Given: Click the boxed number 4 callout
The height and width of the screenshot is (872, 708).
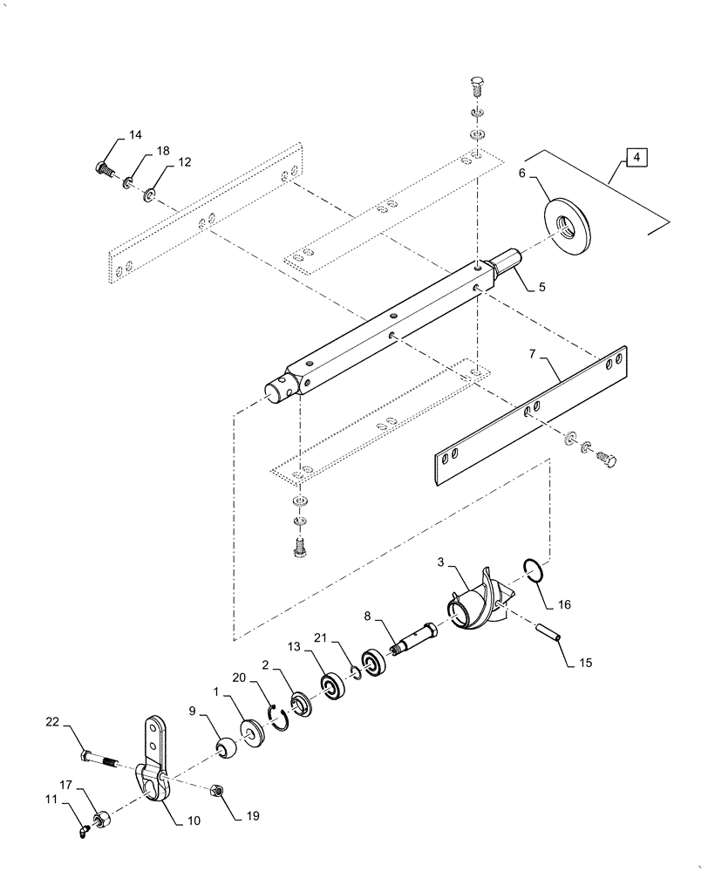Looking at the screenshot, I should [x=637, y=158].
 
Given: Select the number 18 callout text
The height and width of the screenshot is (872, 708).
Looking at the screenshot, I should [x=163, y=152].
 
